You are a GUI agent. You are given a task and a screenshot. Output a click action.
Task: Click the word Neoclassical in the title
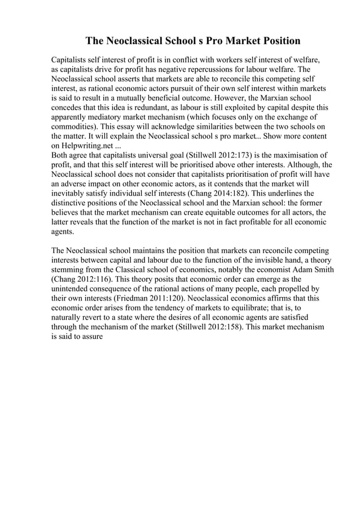click(x=136, y=41)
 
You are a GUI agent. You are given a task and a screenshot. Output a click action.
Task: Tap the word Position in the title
click(x=276, y=41)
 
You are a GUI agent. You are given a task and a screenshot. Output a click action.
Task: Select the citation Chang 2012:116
click(x=80, y=278)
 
